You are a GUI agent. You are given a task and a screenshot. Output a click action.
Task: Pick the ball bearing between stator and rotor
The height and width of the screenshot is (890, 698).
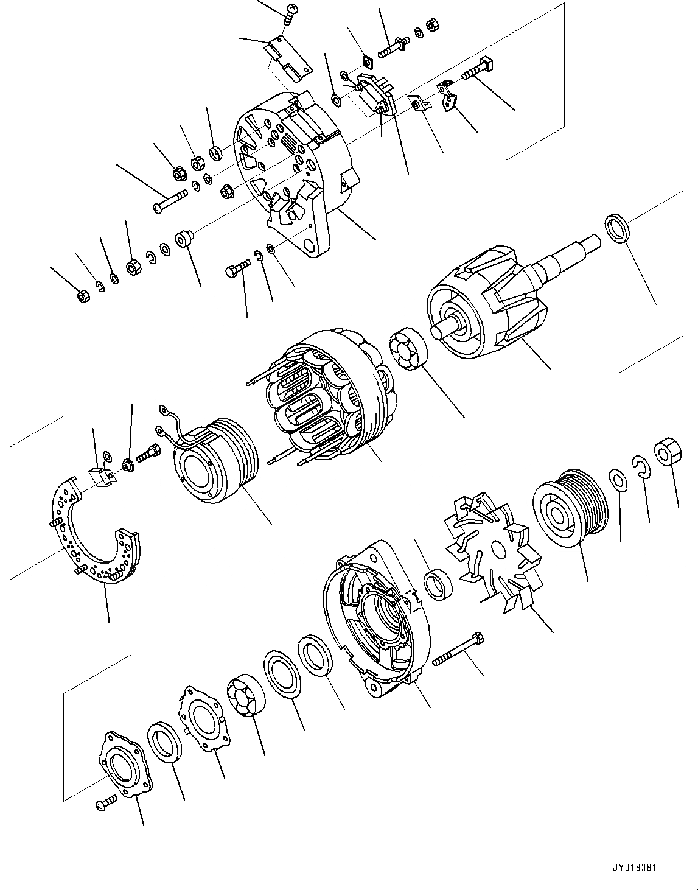(408, 349)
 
